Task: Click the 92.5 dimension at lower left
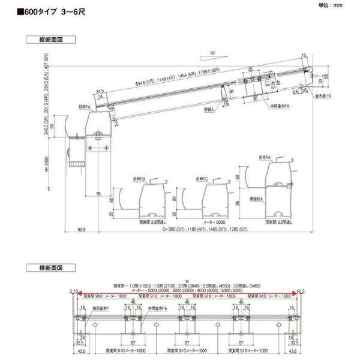(x=82, y=229)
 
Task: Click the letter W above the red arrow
(x=187, y=280)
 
